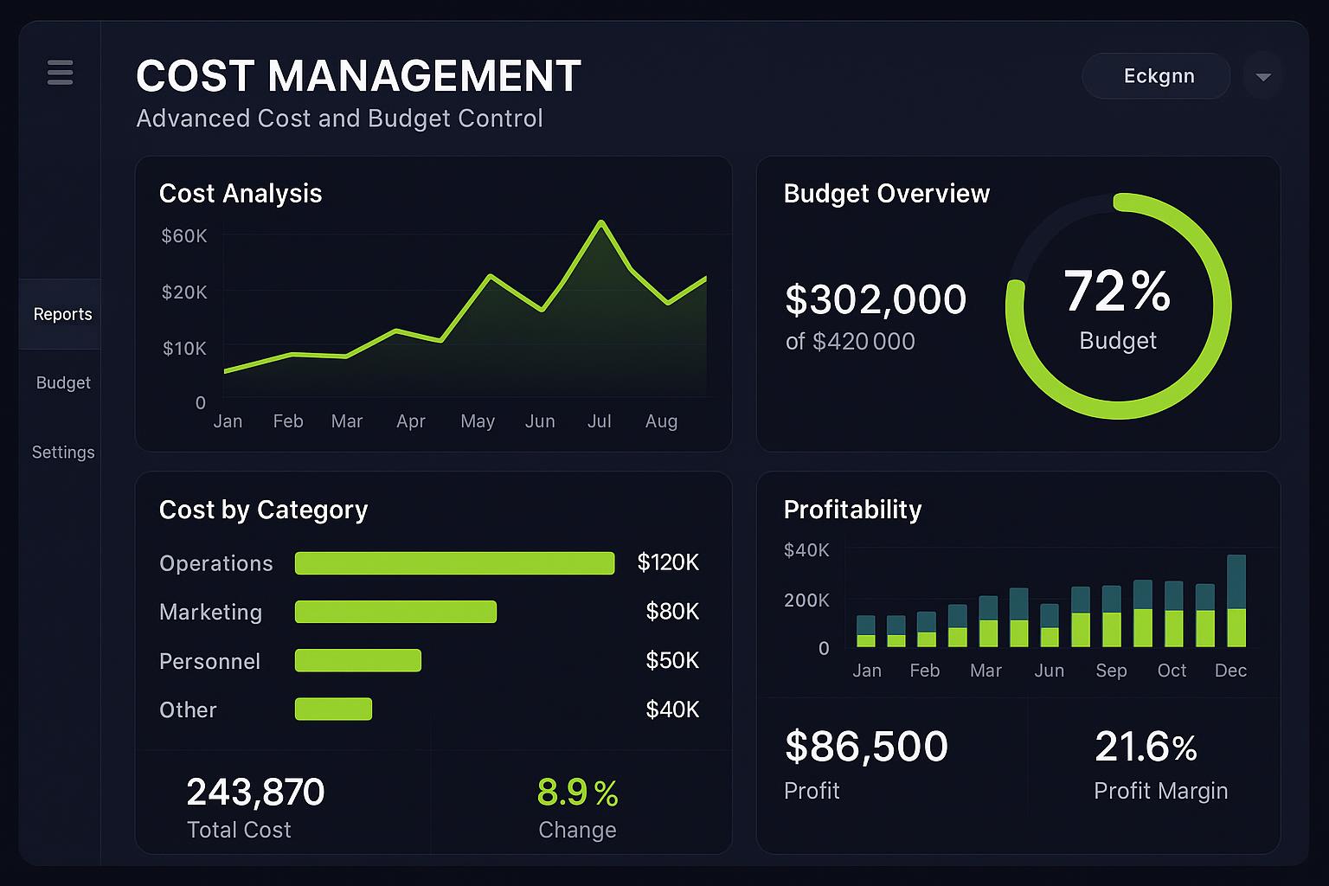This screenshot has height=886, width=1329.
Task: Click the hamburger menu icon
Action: tap(60, 73)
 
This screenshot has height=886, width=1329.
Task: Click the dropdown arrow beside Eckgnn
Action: tap(1262, 77)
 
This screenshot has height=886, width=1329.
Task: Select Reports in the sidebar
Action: tap(62, 314)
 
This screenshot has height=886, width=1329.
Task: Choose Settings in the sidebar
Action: tap(63, 453)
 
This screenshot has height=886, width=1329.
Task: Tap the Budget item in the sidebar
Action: tap(63, 382)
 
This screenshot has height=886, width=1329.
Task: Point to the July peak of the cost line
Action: tap(600, 223)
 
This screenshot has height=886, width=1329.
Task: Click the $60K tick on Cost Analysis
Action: tap(184, 235)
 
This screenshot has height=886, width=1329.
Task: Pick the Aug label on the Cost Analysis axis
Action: tap(661, 421)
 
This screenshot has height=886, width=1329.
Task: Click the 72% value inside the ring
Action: tap(1117, 291)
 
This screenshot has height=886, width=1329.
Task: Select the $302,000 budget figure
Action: tap(875, 299)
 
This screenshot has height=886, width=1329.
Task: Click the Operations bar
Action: tap(454, 563)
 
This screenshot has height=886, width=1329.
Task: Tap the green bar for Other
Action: tap(333, 709)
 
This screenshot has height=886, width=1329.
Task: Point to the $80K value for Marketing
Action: tap(672, 612)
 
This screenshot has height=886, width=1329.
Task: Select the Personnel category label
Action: tap(209, 661)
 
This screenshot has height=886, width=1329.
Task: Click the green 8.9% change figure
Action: tap(577, 793)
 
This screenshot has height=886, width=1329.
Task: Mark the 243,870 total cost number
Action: tap(255, 792)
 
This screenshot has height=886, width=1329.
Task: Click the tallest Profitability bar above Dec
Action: tap(1236, 600)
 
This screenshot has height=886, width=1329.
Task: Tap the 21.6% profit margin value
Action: tap(1146, 747)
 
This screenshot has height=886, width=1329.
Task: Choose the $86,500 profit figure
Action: tap(866, 747)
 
